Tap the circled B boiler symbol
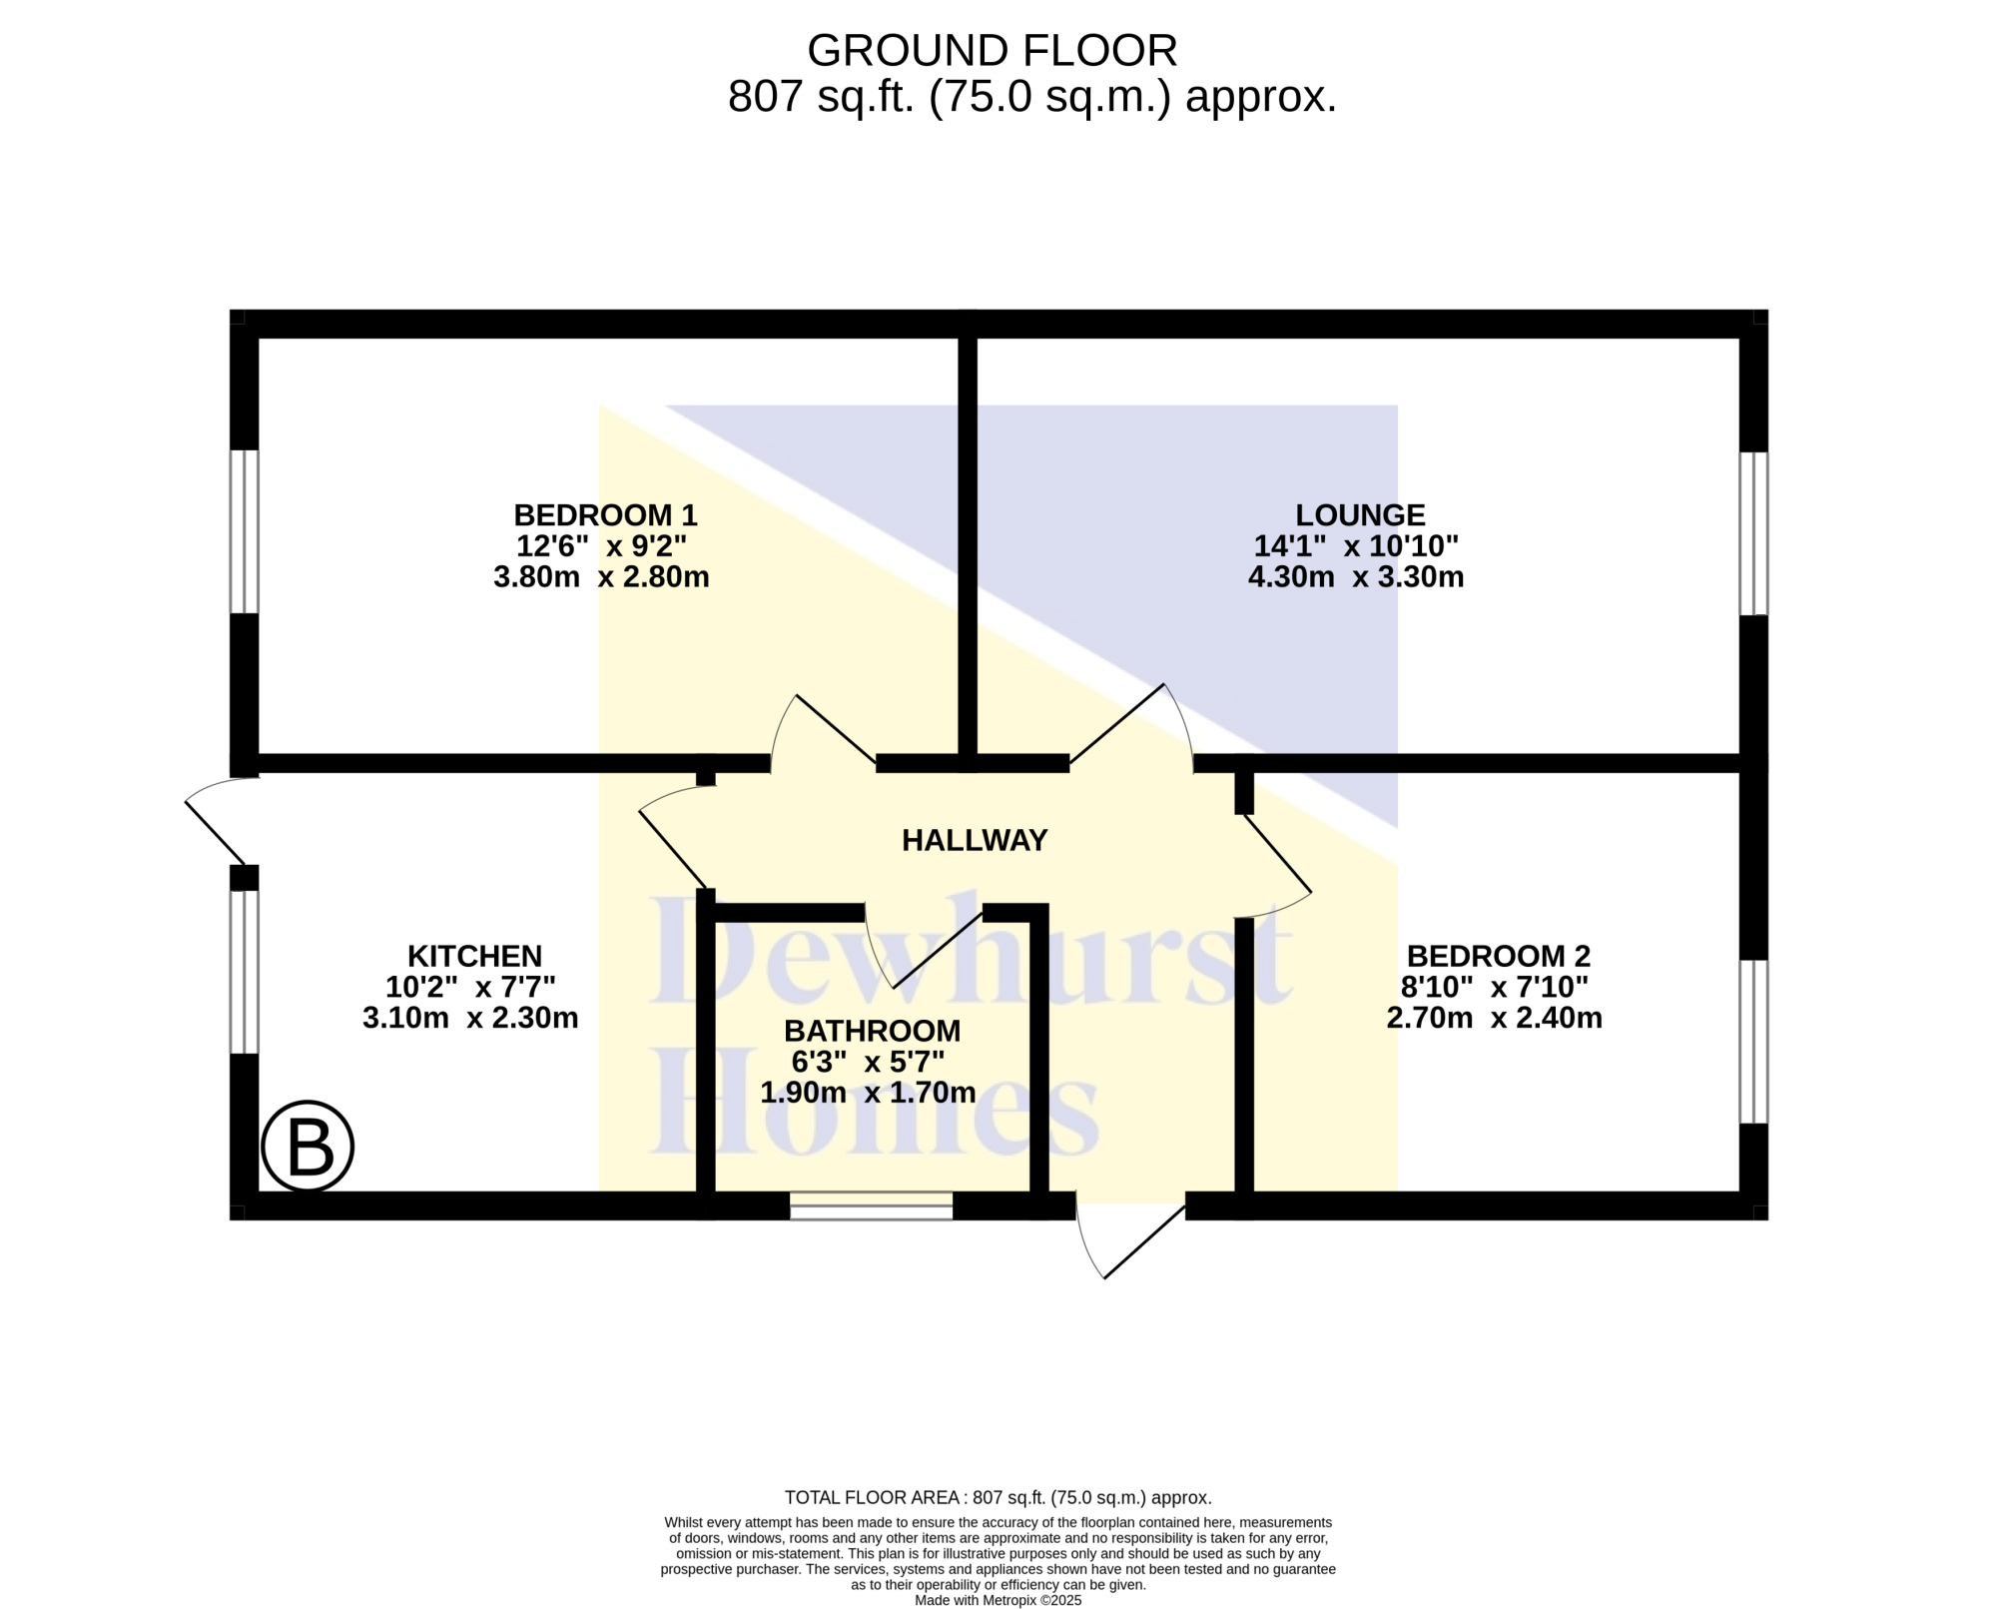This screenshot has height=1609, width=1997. click(x=308, y=1146)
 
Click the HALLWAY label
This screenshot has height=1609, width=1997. click(x=975, y=841)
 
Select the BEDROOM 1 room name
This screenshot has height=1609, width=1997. click(x=605, y=515)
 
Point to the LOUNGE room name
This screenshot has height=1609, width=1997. click(x=1360, y=515)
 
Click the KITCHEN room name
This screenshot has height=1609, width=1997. click(x=474, y=956)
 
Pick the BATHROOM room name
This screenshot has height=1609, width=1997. click(x=872, y=1031)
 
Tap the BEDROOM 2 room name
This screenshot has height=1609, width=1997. click(x=1498, y=956)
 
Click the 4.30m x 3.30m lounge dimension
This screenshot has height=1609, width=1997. click(x=1356, y=577)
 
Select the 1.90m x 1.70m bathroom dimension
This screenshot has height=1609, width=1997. click(x=868, y=1093)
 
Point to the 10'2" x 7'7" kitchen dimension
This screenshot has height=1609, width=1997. click(x=470, y=987)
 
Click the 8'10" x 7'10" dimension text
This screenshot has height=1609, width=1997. click(x=1495, y=987)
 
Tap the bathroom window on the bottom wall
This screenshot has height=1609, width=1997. click(x=872, y=1206)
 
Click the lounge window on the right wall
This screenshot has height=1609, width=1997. click(x=1753, y=533)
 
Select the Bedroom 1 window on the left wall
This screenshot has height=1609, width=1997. click(x=245, y=531)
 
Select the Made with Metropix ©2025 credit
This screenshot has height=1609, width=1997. click(x=998, y=1600)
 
